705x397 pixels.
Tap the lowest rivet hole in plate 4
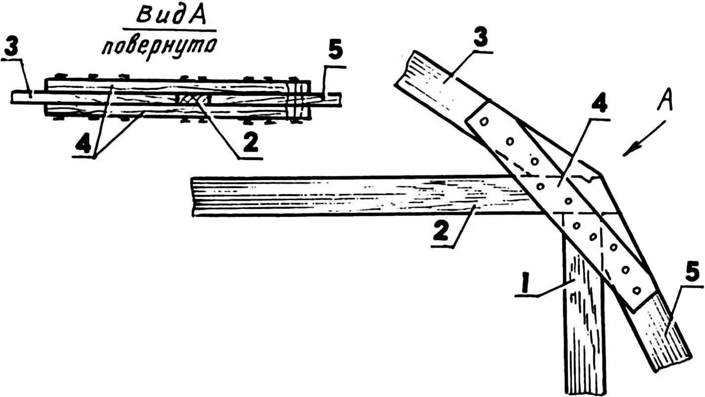pos(636,289)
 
